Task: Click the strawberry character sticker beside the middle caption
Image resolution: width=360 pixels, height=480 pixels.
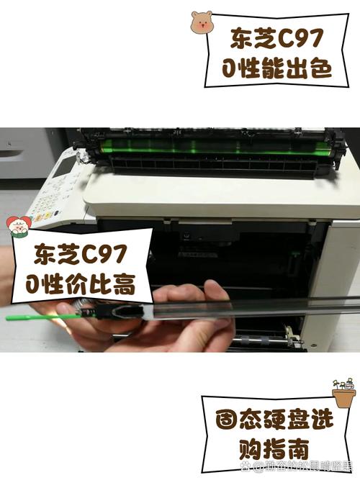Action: coord(19,227)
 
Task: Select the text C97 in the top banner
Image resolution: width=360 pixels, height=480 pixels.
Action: coord(303,37)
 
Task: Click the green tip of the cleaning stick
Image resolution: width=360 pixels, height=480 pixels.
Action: coord(29,316)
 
